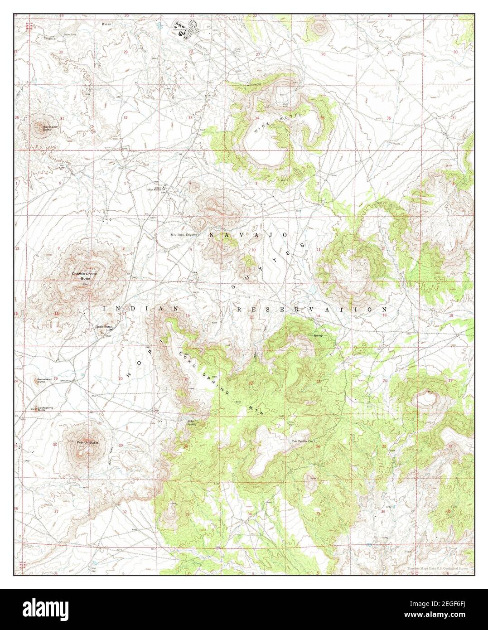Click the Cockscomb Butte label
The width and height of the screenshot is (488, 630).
tap(45, 409)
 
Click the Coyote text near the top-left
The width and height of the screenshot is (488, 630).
tap(50, 39)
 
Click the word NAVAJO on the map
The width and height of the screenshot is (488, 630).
tap(249, 235)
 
